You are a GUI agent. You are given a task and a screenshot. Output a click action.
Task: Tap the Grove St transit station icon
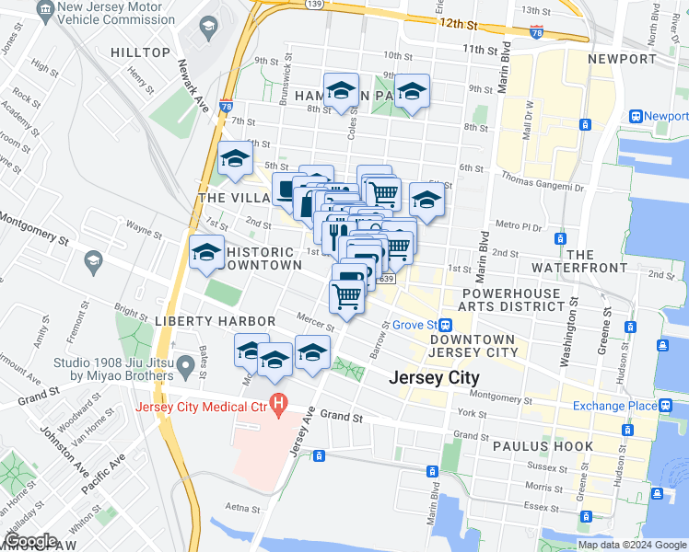click(x=445, y=325)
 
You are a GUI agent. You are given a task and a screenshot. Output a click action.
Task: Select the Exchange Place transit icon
click(x=664, y=406)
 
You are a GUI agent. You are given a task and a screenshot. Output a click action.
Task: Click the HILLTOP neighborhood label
click(x=140, y=52)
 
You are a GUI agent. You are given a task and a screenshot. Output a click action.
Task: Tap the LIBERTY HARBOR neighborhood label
click(x=214, y=320)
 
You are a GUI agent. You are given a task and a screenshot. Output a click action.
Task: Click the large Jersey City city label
click(x=434, y=377)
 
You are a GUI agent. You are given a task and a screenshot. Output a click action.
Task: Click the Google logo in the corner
click(x=30, y=540)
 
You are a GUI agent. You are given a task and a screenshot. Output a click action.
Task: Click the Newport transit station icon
click(x=636, y=117)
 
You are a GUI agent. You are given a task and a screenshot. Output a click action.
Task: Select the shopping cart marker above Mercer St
click(x=345, y=296)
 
